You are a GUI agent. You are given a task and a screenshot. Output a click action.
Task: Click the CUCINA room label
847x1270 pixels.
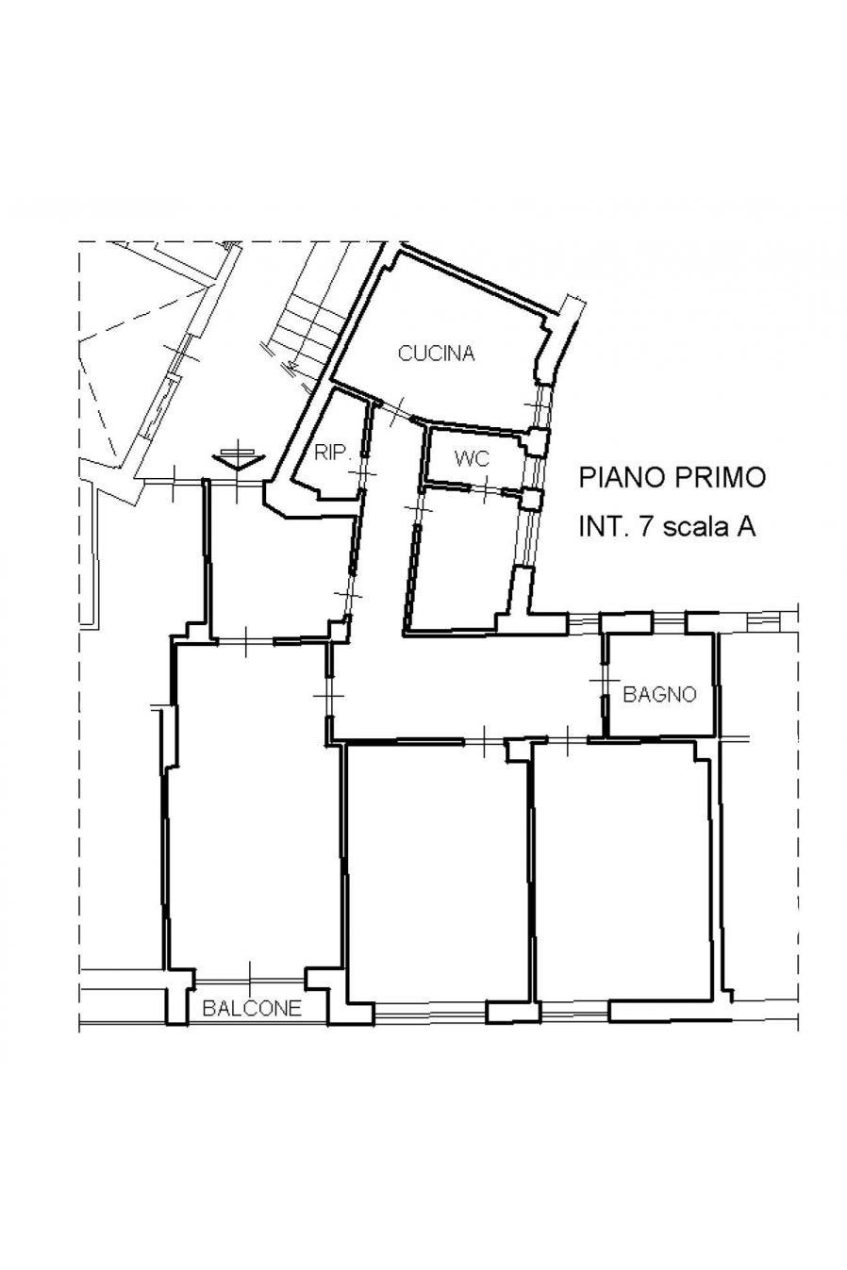click(x=436, y=354)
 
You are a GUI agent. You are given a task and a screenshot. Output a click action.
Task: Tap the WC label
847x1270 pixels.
click(x=472, y=458)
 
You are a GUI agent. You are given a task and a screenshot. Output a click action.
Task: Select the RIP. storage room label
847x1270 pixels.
click(x=334, y=453)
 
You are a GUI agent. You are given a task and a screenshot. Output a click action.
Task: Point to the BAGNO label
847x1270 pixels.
click(x=659, y=694)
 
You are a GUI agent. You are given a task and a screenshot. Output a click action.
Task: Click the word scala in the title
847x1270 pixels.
click(x=695, y=527)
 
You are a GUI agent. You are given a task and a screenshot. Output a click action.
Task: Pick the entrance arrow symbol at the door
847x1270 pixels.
click(x=239, y=457)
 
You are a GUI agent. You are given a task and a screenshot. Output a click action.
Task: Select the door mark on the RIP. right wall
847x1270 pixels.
click(x=365, y=473)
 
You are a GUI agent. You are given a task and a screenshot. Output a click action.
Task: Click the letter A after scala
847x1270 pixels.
click(x=747, y=527)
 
